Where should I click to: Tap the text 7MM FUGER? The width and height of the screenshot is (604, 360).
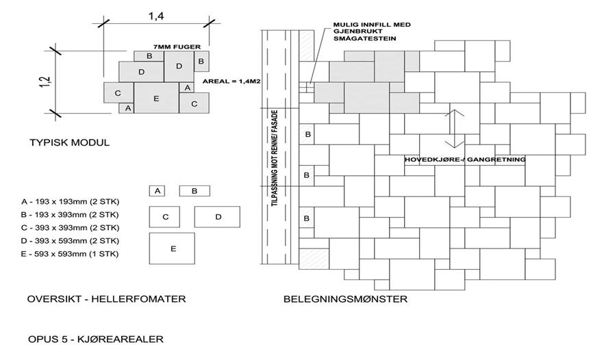[x=177, y=47]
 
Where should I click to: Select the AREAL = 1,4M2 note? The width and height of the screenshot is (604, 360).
[x=230, y=81]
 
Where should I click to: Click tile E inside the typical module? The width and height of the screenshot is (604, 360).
[x=156, y=99]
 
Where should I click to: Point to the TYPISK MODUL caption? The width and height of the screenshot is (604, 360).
[x=69, y=143]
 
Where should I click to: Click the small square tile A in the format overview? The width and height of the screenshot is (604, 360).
[x=158, y=190]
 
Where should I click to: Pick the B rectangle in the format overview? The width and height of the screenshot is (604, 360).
[x=194, y=190]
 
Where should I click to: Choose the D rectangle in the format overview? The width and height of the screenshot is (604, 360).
[x=217, y=216]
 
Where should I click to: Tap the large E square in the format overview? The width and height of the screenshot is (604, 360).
[x=173, y=248]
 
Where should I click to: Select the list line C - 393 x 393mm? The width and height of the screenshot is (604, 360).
[x=71, y=227]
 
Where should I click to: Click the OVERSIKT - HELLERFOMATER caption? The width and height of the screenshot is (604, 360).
[x=106, y=299]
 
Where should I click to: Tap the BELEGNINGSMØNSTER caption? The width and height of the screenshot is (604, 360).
[x=345, y=299]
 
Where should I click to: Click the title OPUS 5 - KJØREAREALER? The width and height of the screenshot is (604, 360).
[x=95, y=339]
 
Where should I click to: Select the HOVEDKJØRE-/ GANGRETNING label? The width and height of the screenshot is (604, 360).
[x=465, y=159]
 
